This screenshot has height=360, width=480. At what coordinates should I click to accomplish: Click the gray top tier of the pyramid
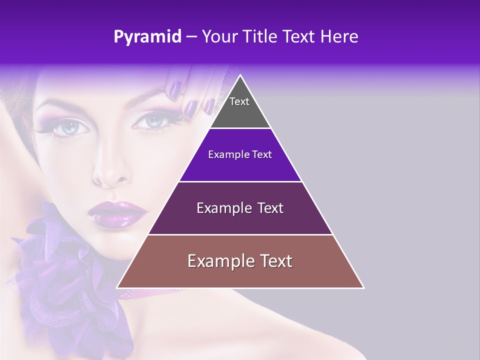tap(240, 112)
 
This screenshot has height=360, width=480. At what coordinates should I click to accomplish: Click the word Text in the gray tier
tap(239, 101)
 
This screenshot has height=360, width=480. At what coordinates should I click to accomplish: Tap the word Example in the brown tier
tap(218, 261)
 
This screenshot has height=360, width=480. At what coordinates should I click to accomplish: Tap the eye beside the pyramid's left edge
tap(153, 120)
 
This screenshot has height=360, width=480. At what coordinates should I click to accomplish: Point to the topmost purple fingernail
tap(175, 89)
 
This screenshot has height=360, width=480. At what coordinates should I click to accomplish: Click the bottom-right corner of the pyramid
tap(363, 287)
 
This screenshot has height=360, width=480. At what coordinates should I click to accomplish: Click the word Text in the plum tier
tap(269, 208)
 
